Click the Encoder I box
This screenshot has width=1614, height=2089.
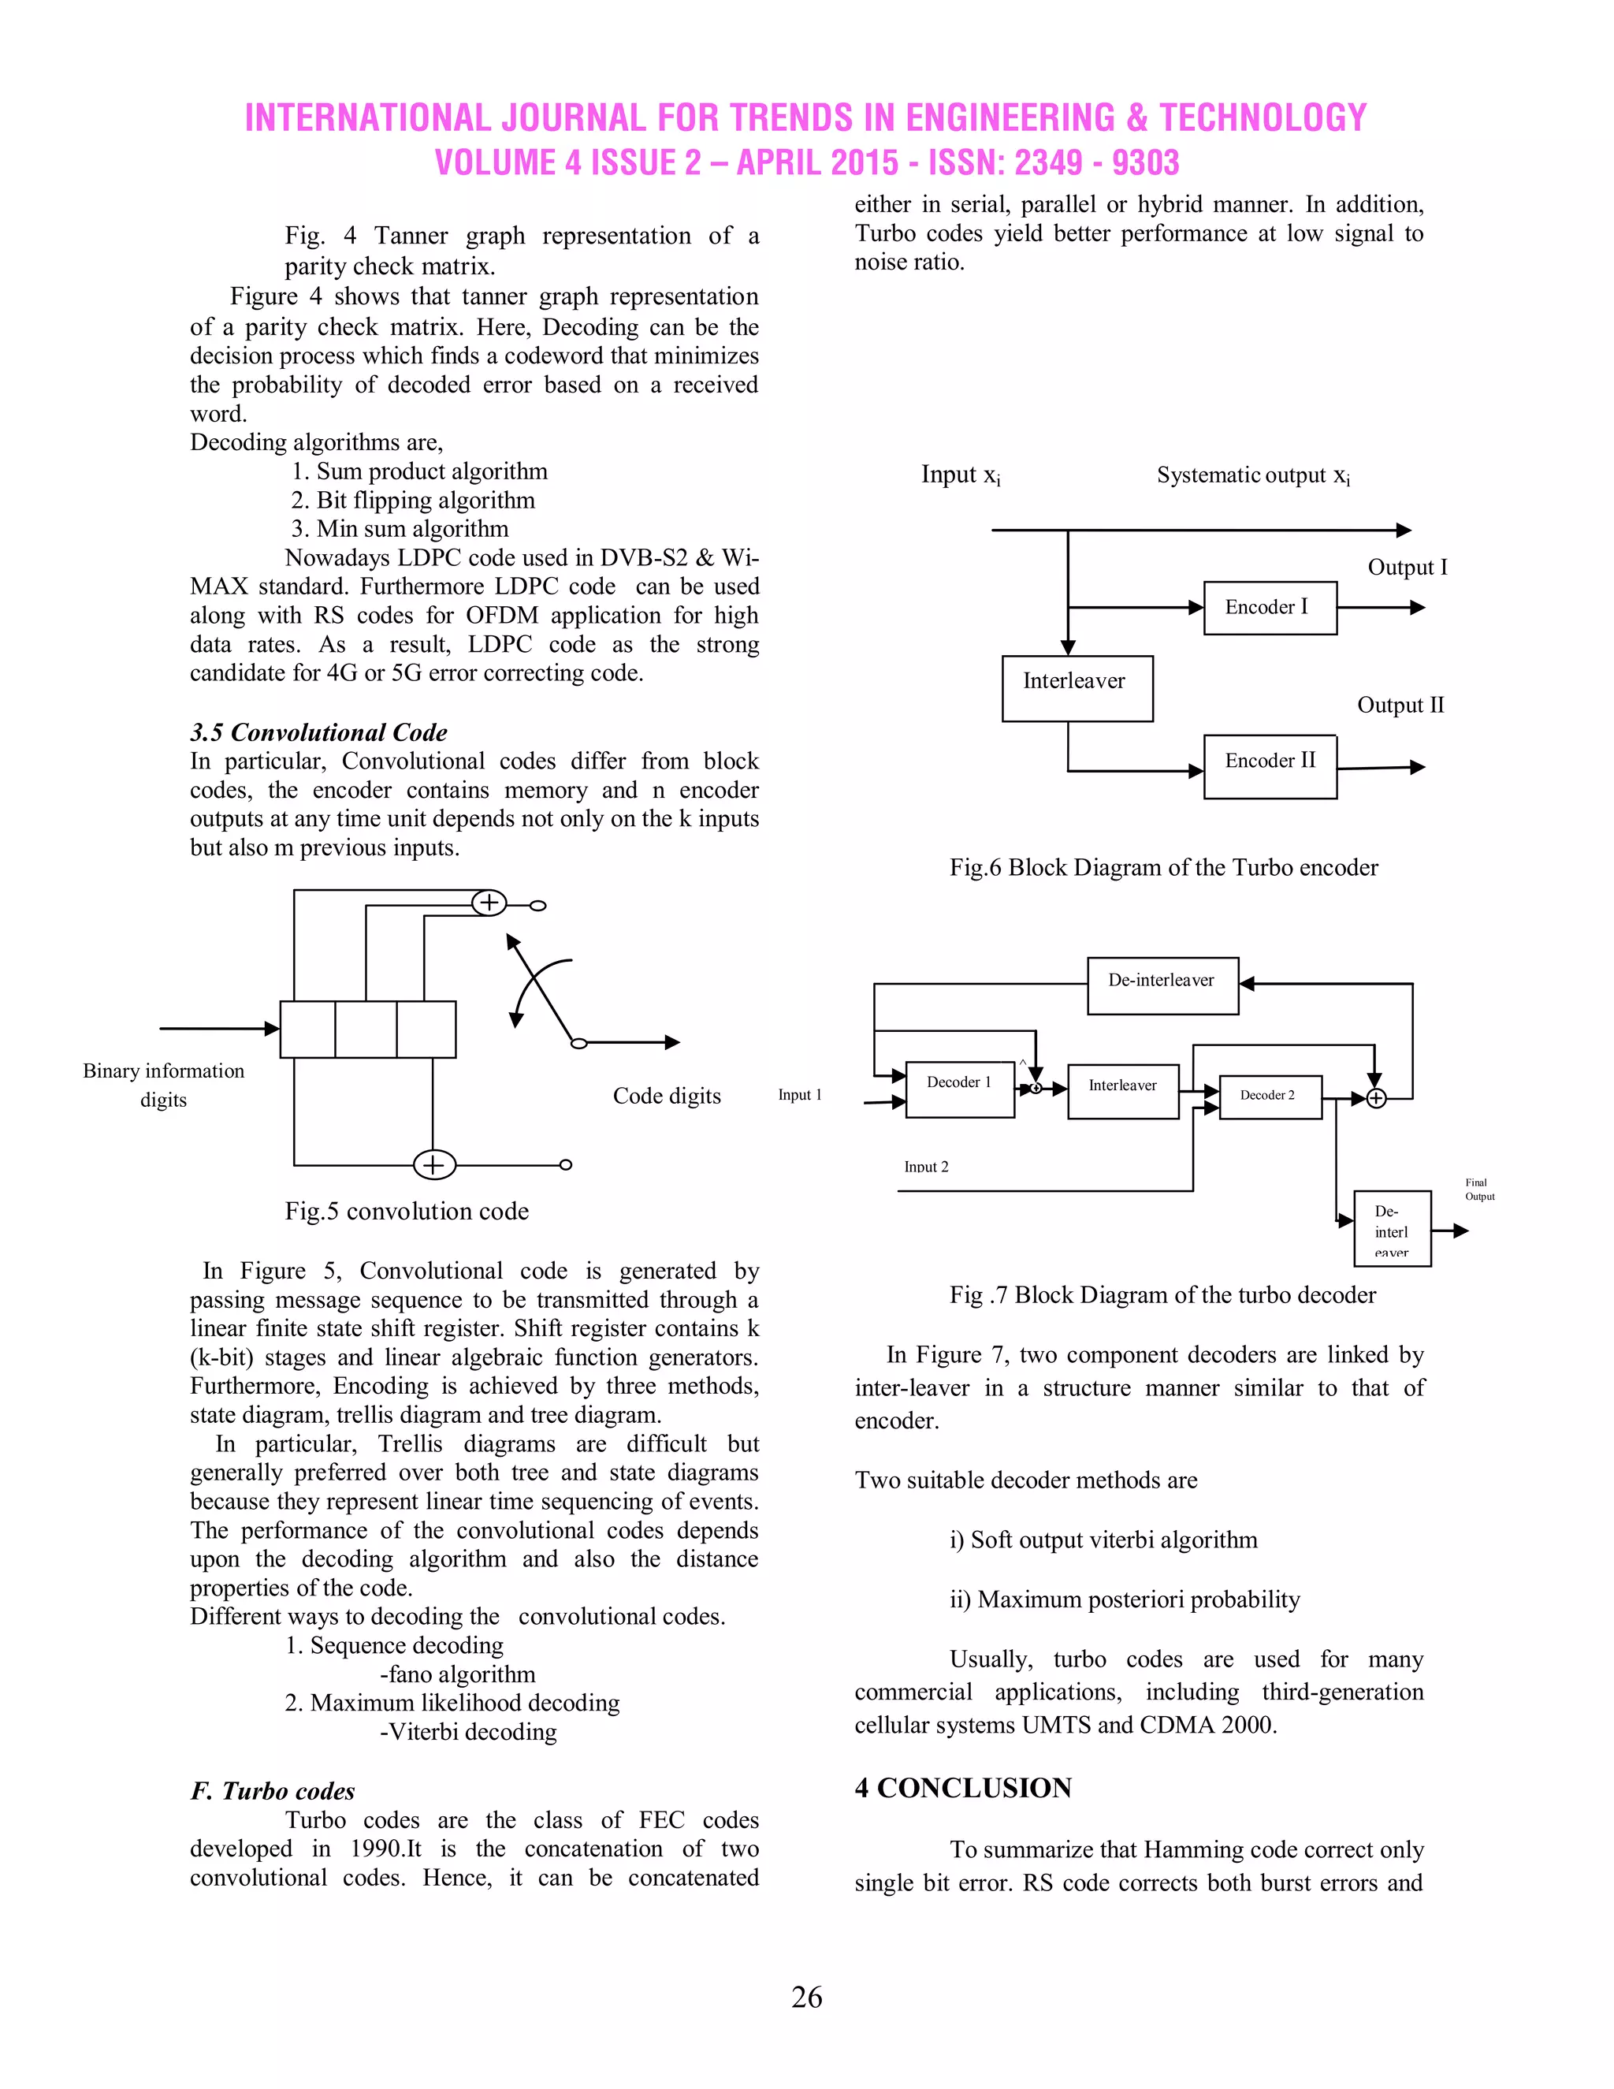(1269, 607)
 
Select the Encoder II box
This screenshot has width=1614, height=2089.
(1269, 766)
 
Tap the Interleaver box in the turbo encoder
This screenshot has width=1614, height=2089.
(1077, 687)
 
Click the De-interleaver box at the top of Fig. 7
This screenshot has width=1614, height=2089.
(1162, 985)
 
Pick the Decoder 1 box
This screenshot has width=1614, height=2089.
(959, 1089)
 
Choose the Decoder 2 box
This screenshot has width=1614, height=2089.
(1270, 1097)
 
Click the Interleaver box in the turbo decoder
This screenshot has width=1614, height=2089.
(1122, 1090)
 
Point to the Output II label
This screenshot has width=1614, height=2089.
(1400, 705)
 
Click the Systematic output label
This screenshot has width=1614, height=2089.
(1252, 475)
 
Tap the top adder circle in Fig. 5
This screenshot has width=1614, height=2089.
(489, 902)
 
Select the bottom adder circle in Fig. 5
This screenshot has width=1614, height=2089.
(434, 1164)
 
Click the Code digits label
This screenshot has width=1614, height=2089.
(667, 1097)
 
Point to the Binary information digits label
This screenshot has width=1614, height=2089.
(163, 1085)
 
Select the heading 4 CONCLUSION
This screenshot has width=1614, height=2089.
(963, 1788)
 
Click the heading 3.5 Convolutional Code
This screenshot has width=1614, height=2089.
(318, 732)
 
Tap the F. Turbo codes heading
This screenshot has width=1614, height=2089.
(273, 1790)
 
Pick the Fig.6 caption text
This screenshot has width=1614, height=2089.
(1162, 868)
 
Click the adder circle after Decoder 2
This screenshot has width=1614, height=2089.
(1375, 1098)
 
